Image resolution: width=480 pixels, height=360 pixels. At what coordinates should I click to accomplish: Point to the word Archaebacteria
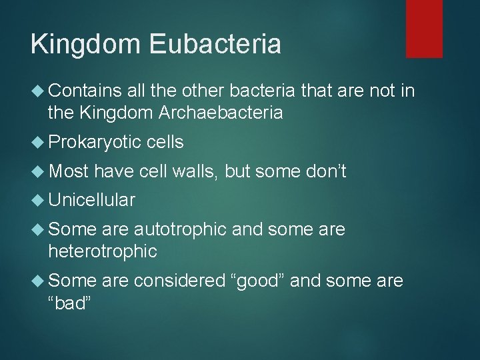222,113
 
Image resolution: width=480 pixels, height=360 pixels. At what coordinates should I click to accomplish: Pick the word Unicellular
92,200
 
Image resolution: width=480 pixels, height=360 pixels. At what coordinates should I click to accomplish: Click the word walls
195,173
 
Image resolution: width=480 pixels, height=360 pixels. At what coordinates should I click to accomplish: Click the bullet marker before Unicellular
38,200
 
